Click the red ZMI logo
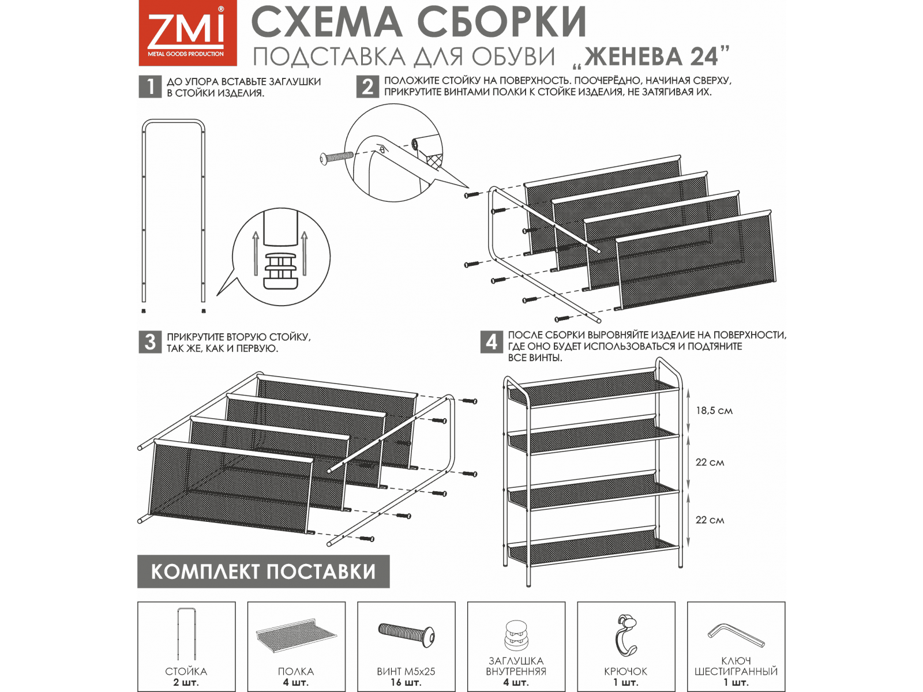tap(187, 33)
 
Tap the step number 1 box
tap(150, 87)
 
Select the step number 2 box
tap(367, 87)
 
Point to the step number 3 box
tap(150, 342)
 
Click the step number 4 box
tap(491, 342)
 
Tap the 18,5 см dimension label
tap(714, 411)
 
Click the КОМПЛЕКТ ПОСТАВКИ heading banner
tap(263, 571)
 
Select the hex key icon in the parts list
tap(736, 635)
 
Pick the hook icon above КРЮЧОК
tap(626, 635)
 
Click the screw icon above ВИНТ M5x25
tap(407, 633)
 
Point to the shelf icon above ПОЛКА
tap(297, 635)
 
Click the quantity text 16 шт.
tap(406, 682)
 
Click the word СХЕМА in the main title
tap(327, 22)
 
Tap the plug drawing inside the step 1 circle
tap(280, 271)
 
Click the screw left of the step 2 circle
tap(336, 158)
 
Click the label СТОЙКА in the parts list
tap(186, 671)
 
